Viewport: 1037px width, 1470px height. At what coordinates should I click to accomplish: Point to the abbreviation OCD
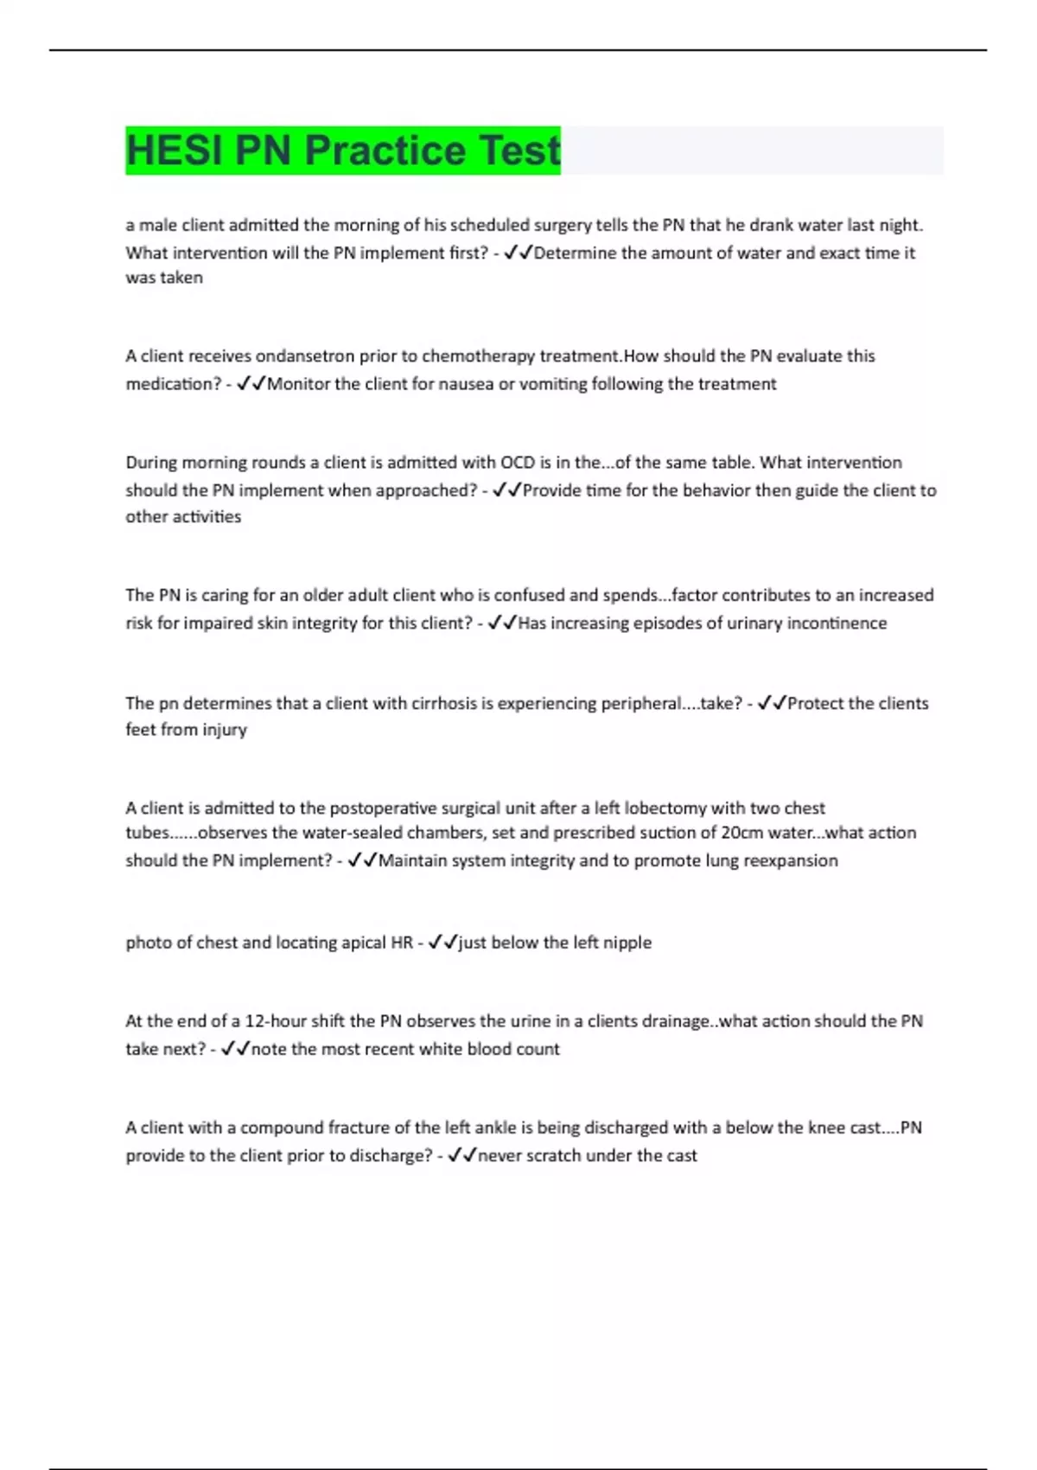[518, 463]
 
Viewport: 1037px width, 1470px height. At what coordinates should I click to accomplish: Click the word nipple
[627, 943]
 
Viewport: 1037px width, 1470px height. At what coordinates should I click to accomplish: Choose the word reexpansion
[789, 860]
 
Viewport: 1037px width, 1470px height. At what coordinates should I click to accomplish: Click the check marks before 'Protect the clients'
[772, 703]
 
